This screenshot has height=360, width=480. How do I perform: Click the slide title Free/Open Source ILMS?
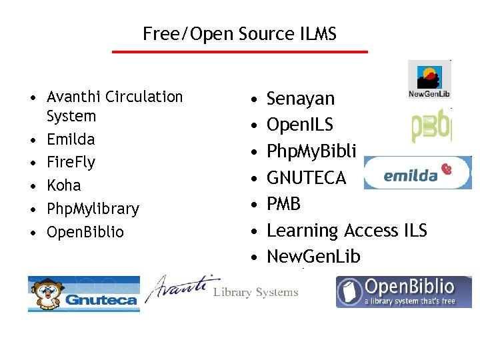239,33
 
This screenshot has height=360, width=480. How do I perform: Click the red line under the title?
239,51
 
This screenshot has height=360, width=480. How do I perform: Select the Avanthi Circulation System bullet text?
114,106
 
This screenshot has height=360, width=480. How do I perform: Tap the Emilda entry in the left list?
71,139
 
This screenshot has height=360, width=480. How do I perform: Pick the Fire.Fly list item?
71,162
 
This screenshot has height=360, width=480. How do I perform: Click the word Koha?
63,185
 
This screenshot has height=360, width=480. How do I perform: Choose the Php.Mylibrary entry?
93,209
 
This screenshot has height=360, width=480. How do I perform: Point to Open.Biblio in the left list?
85,232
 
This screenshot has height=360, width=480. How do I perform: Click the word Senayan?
301,99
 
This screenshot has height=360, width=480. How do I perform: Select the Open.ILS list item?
300,125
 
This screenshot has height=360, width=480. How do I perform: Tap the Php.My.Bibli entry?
311,151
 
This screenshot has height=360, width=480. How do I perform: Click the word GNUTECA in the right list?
306,177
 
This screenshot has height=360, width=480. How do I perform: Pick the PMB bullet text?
283,203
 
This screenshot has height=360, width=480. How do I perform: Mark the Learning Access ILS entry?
347,230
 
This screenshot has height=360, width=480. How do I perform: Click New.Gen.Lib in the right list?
313,256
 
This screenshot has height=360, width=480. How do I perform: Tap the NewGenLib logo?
429,79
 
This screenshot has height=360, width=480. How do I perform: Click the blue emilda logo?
417,173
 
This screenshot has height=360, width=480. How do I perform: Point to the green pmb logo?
431,127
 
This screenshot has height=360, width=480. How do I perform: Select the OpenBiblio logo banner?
403,292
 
